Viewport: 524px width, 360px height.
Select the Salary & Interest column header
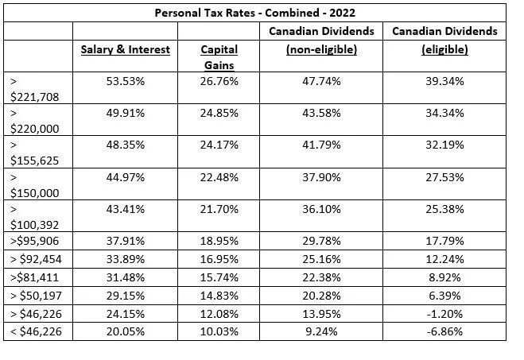click(x=125, y=49)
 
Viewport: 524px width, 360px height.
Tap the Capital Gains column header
click(x=219, y=56)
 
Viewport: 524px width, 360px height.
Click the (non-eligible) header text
click(x=321, y=49)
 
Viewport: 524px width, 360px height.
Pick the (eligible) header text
click(x=444, y=49)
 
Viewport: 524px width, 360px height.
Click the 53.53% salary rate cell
click(x=125, y=81)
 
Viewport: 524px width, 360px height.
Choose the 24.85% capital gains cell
click(x=219, y=113)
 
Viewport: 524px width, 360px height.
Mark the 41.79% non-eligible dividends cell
click(x=321, y=145)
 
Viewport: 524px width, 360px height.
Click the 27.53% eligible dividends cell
click(x=444, y=176)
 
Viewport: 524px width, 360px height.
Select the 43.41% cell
click(x=125, y=207)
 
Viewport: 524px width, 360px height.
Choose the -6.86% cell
click(x=444, y=331)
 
